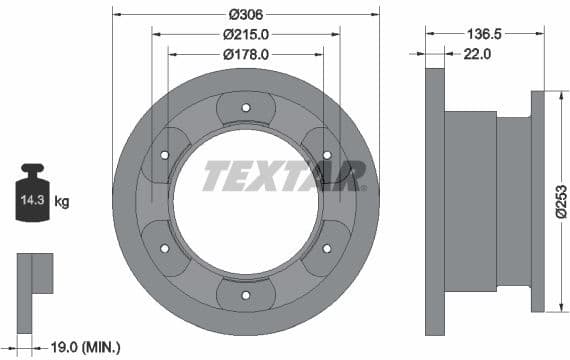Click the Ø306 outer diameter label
coord(246,14)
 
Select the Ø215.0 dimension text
coord(246,33)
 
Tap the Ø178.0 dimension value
coord(246,54)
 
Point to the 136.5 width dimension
coord(484,33)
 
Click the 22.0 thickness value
coord(477,54)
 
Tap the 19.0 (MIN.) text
coord(84,347)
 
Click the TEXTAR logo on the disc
coord(282,176)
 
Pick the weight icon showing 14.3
coord(32,197)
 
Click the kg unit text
coord(62,202)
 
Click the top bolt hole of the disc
coord(246,108)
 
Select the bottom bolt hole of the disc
coord(246,295)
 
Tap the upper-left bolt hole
coord(165,154)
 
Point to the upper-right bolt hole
coord(327,154)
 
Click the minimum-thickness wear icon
coord(33,275)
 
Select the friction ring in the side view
coord(434,200)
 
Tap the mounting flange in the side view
coord(537,200)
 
